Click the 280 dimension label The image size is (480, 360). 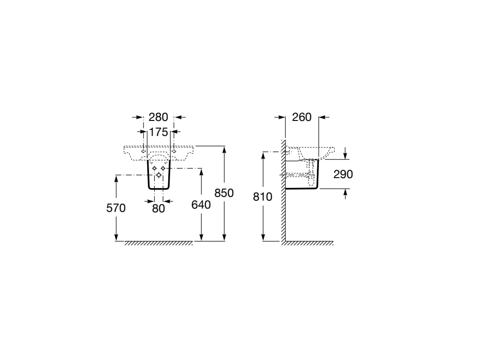pos(158,117)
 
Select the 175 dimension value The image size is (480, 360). pos(158,132)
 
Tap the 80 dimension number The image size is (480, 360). pos(158,209)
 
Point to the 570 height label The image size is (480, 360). pos(116,208)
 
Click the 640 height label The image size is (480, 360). pos(201,204)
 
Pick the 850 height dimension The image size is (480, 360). pos(224,193)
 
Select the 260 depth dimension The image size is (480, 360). pos(302,117)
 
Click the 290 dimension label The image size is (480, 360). pos(343,174)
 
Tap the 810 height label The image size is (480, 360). pos(262,196)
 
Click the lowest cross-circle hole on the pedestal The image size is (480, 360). pos(158,175)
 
